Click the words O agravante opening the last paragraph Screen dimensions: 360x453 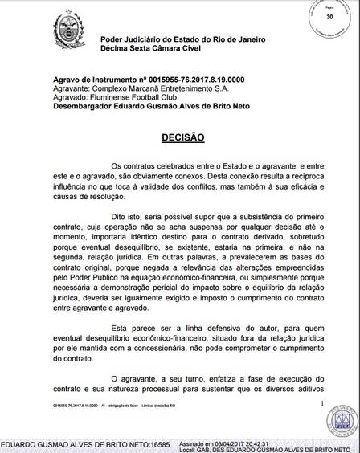tap(134, 377)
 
